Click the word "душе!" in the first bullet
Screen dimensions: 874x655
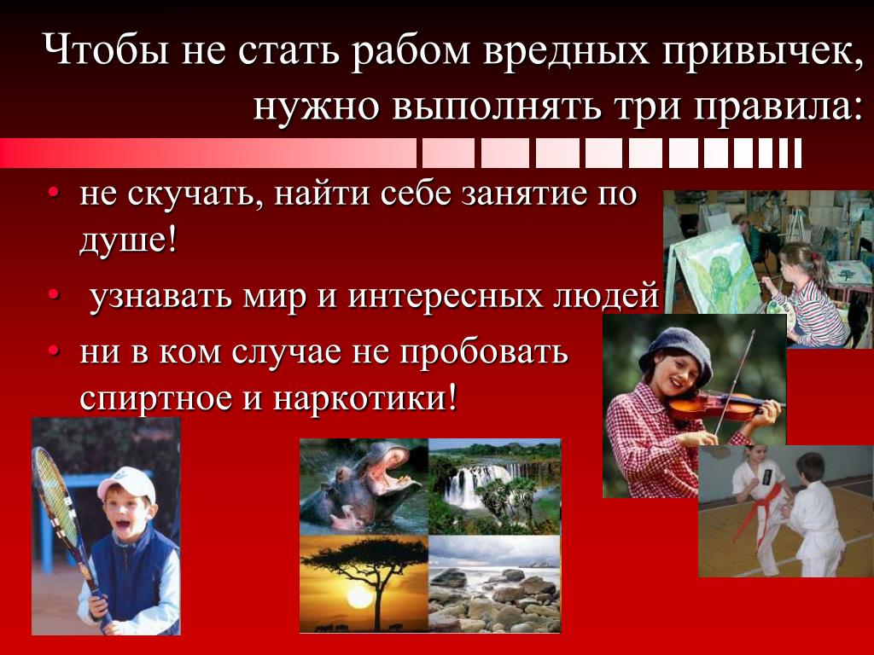(128, 241)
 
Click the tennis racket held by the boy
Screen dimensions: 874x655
(62, 513)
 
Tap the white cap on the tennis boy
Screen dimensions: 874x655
(127, 484)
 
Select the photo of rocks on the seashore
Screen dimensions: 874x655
(494, 584)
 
